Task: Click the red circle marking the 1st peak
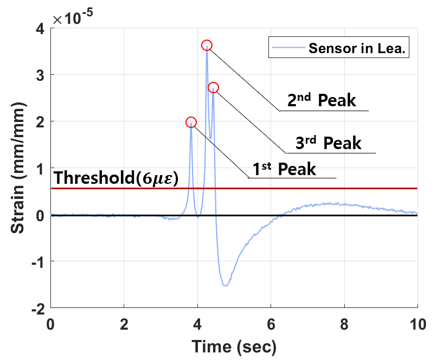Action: pyautogui.click(x=191, y=122)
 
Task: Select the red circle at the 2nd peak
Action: pyautogui.click(x=207, y=45)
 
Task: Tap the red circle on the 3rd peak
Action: pyautogui.click(x=213, y=87)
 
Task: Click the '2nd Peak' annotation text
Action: pyautogui.click(x=322, y=100)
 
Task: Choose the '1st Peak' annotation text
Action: pyautogui.click(x=283, y=169)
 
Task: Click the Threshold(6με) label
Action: pyautogui.click(x=116, y=178)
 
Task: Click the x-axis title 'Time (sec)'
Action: pyautogui.click(x=234, y=345)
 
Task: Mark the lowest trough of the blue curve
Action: pyautogui.click(x=226, y=285)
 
